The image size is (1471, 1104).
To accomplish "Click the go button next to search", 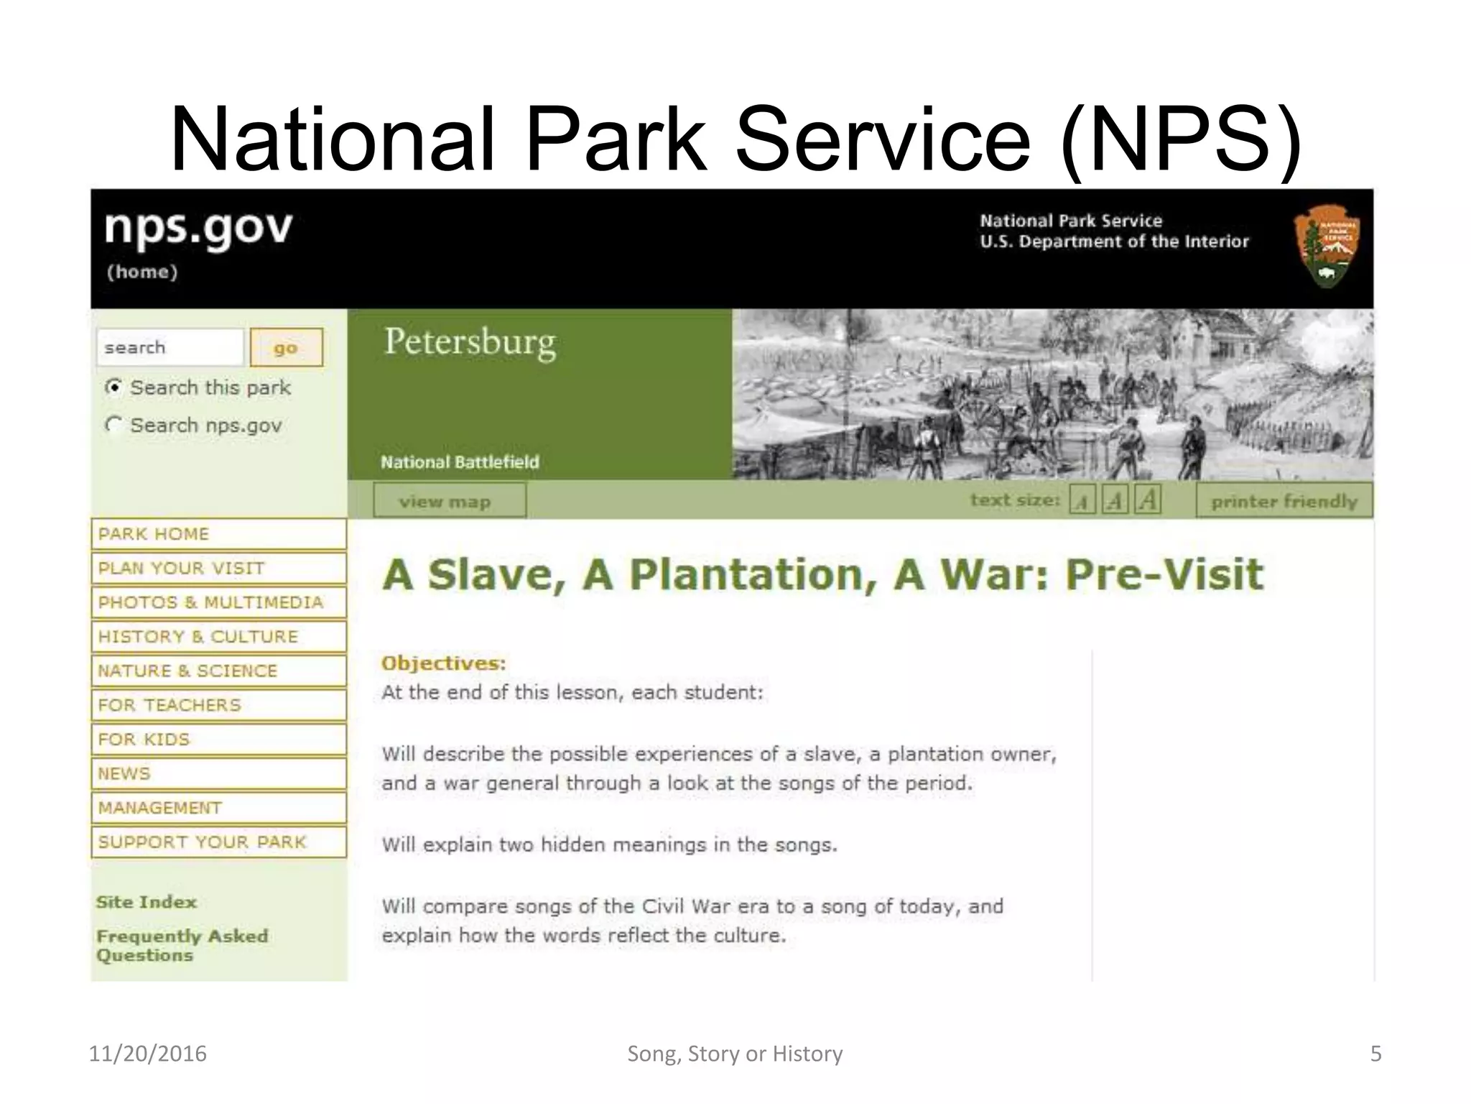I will (x=286, y=348).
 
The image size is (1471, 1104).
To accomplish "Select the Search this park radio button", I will (x=113, y=387).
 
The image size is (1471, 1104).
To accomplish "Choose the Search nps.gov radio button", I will (x=113, y=425).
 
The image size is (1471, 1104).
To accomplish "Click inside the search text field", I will (x=170, y=348).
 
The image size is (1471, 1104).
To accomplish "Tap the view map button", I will (x=449, y=501).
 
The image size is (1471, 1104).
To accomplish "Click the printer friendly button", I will (x=1284, y=501).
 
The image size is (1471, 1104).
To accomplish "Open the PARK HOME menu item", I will (x=218, y=534).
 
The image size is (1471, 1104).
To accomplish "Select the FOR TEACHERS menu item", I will (x=218, y=705).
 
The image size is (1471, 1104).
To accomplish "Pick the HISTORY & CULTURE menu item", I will (x=218, y=637).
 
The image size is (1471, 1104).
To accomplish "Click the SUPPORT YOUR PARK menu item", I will (x=218, y=842).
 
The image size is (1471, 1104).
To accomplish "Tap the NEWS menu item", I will (x=218, y=773).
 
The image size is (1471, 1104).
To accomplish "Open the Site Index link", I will (x=147, y=902).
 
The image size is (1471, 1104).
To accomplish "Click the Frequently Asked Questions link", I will (x=182, y=945).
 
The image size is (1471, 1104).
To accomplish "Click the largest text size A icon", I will (x=1148, y=500).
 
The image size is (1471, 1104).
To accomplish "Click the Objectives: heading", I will (x=443, y=663).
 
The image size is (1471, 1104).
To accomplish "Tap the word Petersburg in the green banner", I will (x=470, y=342).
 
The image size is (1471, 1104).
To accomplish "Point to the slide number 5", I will (x=1375, y=1054).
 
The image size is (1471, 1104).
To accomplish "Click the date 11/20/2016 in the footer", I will (x=147, y=1054).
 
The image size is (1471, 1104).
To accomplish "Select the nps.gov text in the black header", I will (x=198, y=229).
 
